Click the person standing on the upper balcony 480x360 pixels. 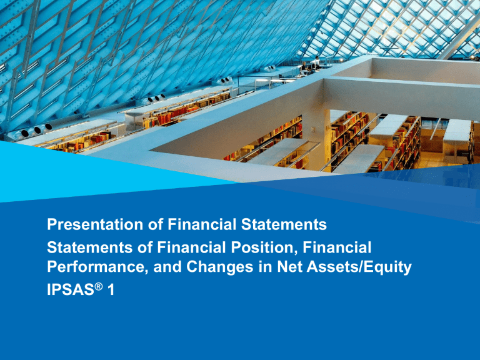click(x=317, y=61)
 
